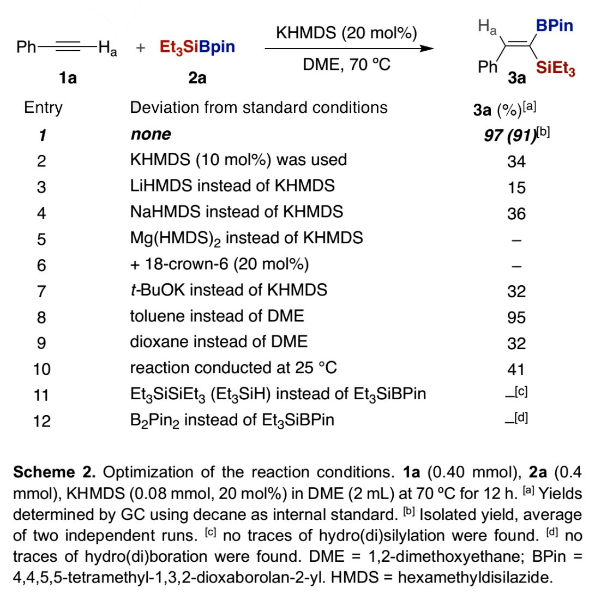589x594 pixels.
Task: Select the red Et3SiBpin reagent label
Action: pos(197,47)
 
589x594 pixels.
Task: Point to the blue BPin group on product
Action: pos(554,26)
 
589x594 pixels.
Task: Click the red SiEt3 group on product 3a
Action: pos(555,69)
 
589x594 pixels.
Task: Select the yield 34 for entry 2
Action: pos(516,161)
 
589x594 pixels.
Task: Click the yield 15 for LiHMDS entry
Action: pos(516,187)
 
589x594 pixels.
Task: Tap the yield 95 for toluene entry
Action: pos(516,317)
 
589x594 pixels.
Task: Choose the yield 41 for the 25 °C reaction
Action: pos(516,369)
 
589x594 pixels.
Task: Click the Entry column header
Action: pos(43,107)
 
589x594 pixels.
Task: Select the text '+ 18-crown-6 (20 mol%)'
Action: pos(219,265)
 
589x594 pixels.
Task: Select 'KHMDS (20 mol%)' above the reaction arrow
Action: pos(346,33)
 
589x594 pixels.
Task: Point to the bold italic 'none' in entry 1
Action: pos(150,134)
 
